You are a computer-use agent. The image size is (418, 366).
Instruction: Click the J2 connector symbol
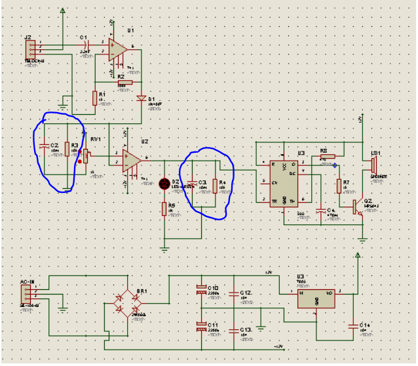coord(29,49)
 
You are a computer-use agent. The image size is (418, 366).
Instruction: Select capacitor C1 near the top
coord(85,44)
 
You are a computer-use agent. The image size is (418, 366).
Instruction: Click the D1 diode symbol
coord(141,98)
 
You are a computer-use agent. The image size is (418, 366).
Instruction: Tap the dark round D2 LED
coord(165,184)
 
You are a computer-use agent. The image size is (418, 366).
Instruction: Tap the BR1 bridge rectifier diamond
coord(126,305)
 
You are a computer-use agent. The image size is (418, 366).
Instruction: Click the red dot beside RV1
coord(80,161)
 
